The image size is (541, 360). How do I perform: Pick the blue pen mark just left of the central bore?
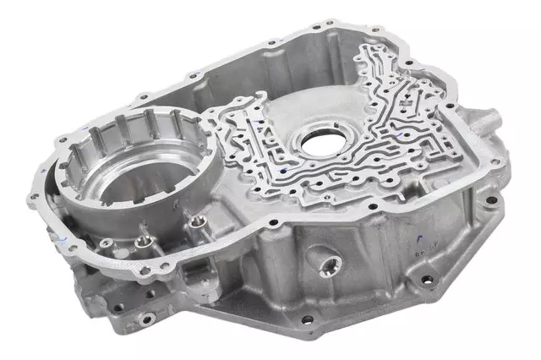[288, 135]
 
